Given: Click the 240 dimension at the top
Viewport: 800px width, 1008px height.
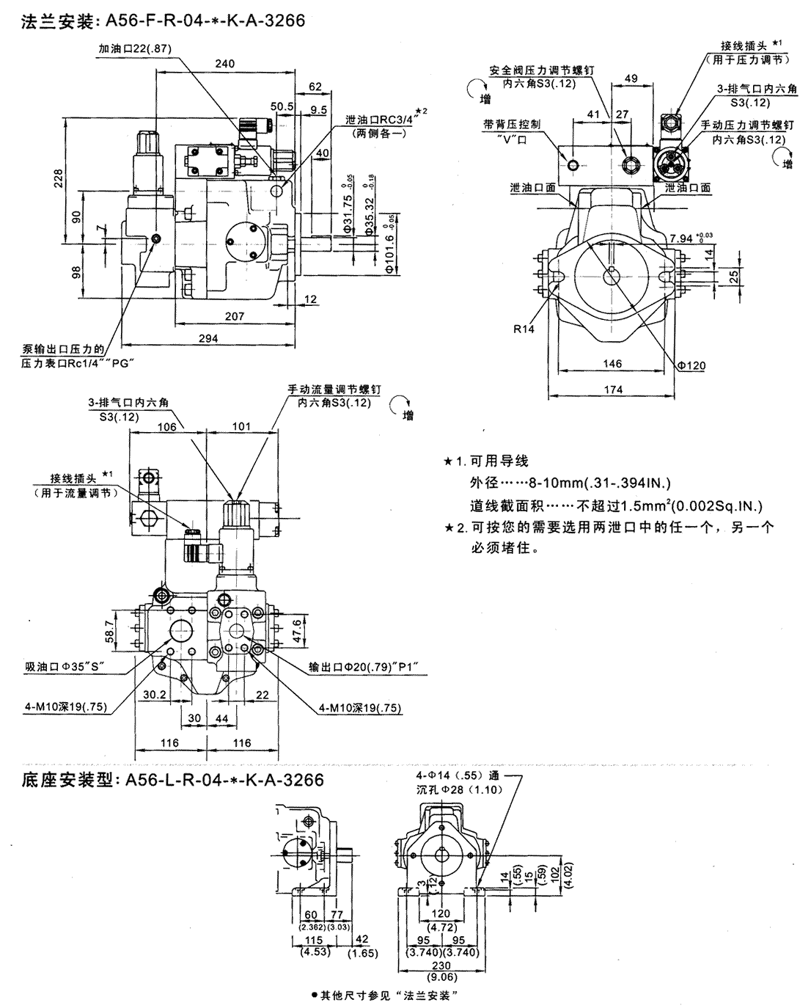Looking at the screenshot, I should [x=225, y=65].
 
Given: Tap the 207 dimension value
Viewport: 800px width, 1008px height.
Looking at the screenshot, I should [x=235, y=316].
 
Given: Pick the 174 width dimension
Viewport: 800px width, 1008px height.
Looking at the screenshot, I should [x=612, y=389].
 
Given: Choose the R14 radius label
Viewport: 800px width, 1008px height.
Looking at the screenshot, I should [x=524, y=329].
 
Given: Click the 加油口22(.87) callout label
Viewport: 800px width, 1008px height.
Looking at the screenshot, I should [x=134, y=48].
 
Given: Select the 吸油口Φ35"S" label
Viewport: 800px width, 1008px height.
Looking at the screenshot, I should [x=66, y=667].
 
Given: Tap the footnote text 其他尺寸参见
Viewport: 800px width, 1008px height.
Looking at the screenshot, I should [x=386, y=996].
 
